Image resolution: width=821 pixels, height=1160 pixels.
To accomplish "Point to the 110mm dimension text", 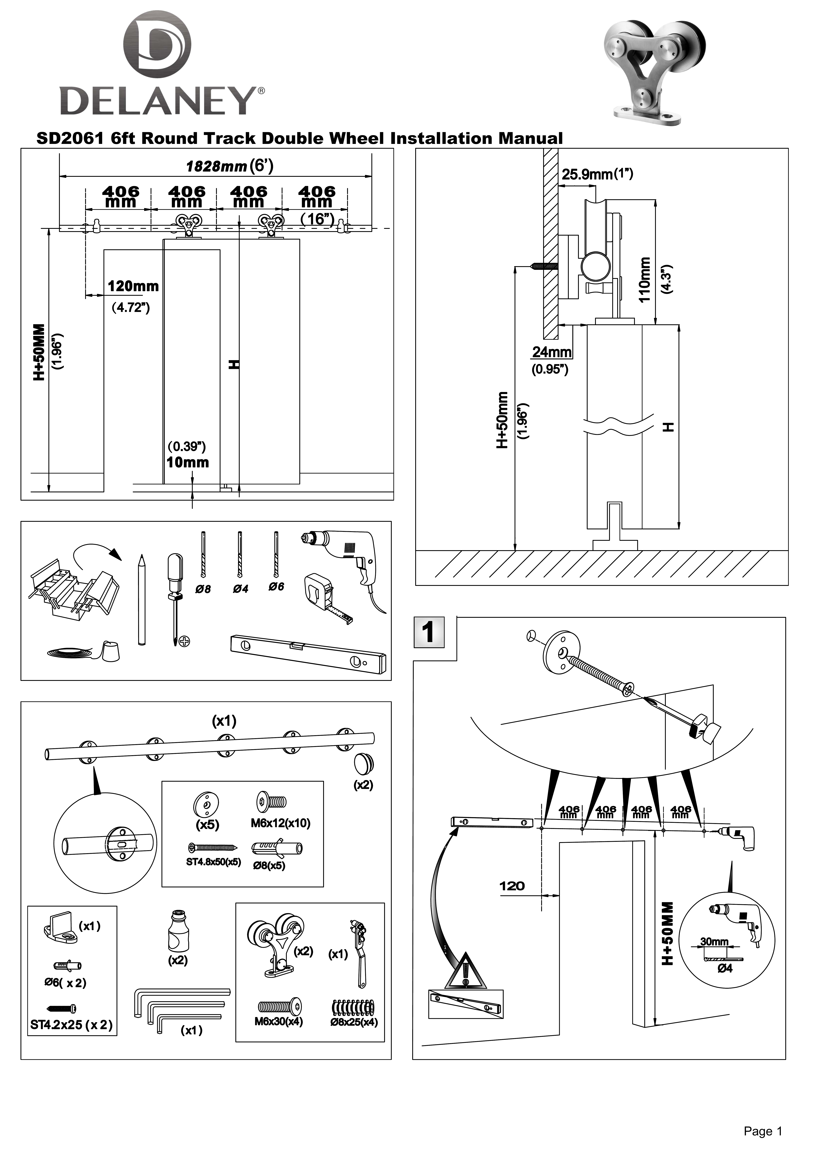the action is (644, 279).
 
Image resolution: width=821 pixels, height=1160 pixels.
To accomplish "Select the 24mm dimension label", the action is (552, 352).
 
